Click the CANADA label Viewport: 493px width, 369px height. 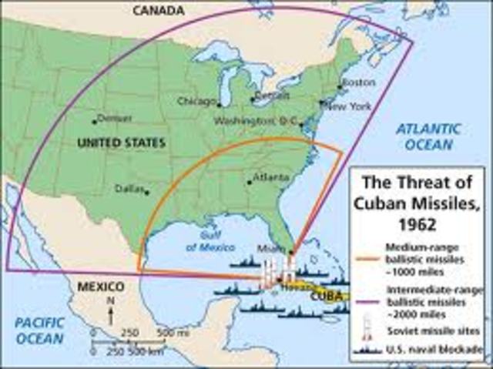coord(159,10)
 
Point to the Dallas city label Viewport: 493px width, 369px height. coord(128,187)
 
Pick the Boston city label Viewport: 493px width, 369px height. coord(358,82)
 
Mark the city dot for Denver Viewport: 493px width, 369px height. coord(95,120)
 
